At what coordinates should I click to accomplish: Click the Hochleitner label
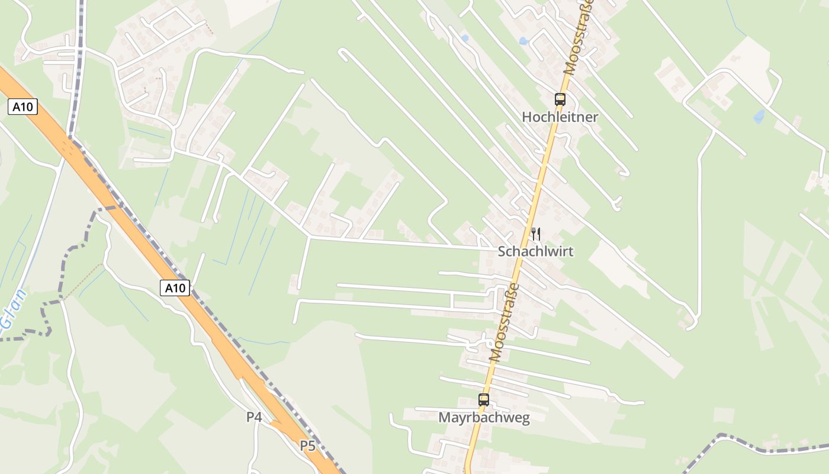[x=560, y=117]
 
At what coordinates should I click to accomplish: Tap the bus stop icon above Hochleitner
[x=560, y=100]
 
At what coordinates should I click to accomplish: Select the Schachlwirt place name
[x=535, y=251]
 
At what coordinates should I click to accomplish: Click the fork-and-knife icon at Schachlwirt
[x=535, y=234]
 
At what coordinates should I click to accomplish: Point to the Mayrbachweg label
[x=484, y=418]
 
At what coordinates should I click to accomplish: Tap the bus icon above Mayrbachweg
[x=484, y=400]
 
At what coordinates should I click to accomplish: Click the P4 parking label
[x=254, y=417]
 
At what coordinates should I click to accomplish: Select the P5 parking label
[x=307, y=446]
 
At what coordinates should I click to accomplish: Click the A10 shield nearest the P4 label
[x=175, y=289]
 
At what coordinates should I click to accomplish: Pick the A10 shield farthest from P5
[x=23, y=107]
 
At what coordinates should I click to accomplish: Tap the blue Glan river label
[x=13, y=308]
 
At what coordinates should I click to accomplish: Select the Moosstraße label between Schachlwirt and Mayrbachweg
[x=505, y=323]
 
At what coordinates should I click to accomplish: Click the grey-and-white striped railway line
[x=78, y=71]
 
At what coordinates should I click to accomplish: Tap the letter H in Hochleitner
[x=526, y=117]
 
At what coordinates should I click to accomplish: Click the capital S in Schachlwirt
[x=502, y=251]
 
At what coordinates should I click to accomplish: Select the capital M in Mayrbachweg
[x=444, y=418]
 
